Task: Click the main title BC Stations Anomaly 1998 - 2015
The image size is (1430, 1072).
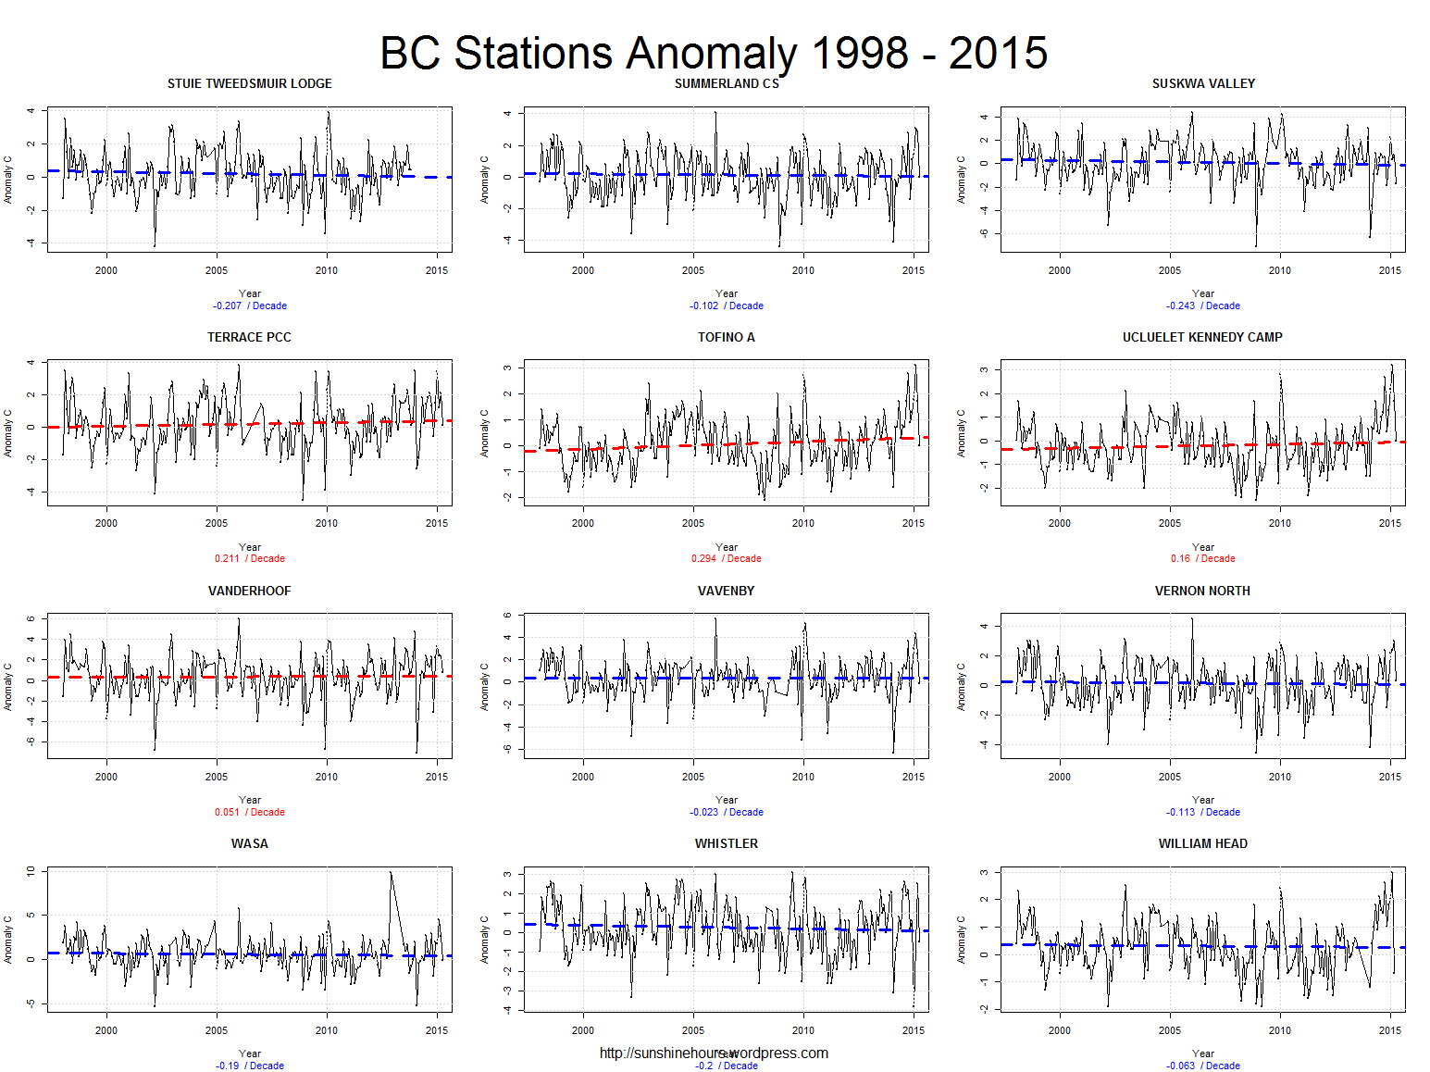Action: [714, 53]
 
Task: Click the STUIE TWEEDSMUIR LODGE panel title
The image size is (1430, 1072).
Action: [249, 83]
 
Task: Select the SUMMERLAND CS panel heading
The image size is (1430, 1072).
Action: [727, 83]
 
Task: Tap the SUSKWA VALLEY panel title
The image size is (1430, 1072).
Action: [1203, 83]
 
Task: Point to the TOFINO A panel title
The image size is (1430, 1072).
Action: [727, 337]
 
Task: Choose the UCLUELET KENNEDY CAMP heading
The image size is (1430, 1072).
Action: [1202, 337]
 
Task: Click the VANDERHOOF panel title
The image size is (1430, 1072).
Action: [249, 591]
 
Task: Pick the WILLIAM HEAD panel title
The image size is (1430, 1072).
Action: [1202, 843]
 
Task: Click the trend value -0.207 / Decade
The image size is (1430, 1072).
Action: [250, 305]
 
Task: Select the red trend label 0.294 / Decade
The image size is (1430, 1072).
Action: [727, 558]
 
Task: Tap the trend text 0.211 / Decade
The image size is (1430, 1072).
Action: [250, 558]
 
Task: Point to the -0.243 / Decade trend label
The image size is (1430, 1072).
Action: [1203, 305]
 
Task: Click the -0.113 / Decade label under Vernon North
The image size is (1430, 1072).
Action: [1203, 812]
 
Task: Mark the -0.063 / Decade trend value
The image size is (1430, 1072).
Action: [1203, 1066]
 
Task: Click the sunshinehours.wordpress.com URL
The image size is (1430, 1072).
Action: [714, 1053]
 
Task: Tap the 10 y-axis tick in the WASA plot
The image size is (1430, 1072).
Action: [31, 871]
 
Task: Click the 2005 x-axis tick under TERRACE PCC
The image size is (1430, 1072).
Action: [217, 523]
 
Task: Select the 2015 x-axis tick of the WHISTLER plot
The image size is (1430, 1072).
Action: [914, 1030]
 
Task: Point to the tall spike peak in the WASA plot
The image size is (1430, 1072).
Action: [391, 873]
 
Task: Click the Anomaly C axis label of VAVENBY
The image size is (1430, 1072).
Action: [484, 686]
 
